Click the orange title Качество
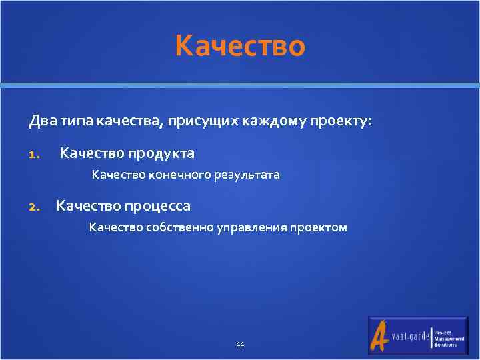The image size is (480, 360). tap(240, 46)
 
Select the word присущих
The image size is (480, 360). tap(195, 121)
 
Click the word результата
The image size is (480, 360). tap(247, 175)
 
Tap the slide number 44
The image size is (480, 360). tap(240, 345)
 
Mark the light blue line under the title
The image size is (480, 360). tap(240, 85)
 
